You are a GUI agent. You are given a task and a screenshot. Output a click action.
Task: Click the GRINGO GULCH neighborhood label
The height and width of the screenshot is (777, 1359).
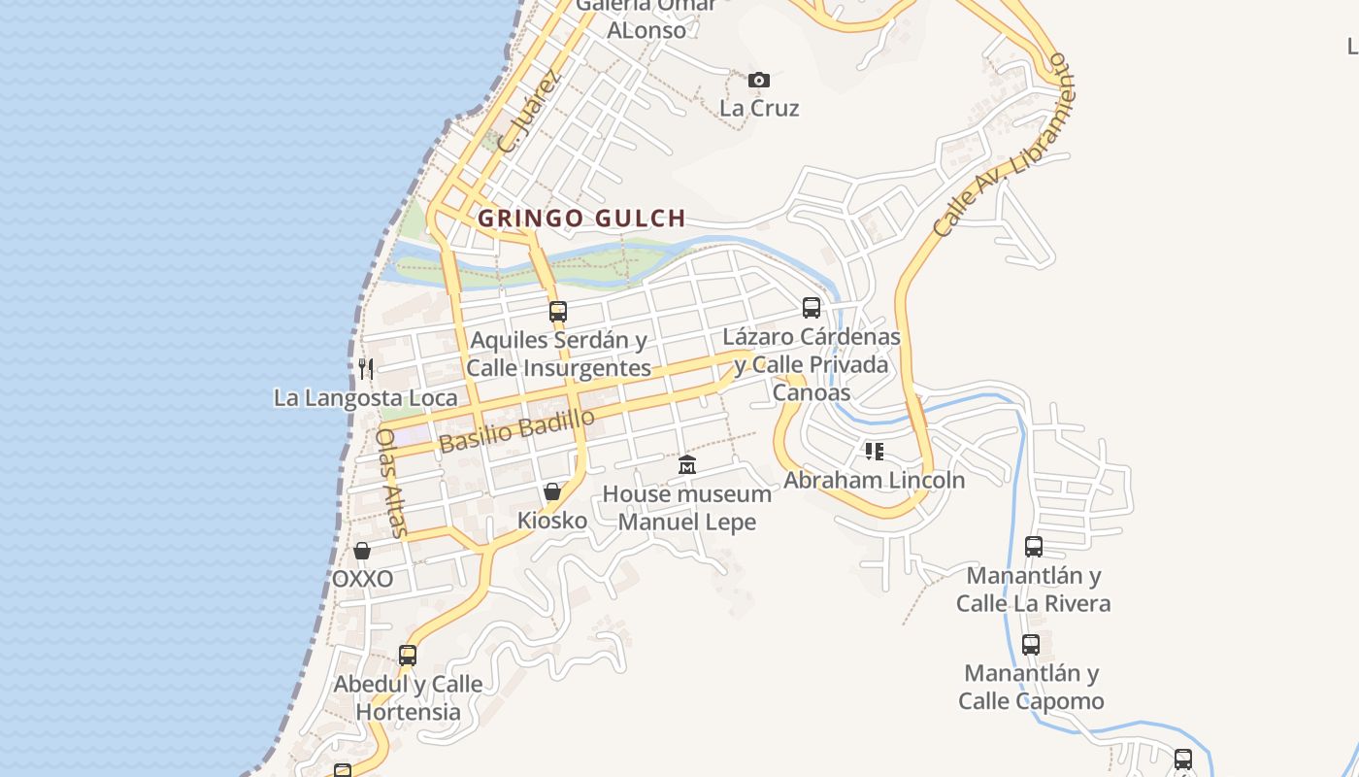click(581, 218)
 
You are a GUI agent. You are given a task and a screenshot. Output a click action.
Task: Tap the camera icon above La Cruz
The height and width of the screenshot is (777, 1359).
click(759, 80)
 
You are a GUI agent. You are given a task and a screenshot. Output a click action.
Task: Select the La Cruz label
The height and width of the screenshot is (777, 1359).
click(759, 108)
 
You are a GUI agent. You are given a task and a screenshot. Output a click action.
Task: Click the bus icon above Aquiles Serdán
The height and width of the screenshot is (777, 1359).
click(558, 312)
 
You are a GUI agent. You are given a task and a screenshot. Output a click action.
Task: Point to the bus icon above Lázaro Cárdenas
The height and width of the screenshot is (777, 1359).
click(812, 308)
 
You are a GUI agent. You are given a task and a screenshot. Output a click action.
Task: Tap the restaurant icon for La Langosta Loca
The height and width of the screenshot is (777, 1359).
click(366, 368)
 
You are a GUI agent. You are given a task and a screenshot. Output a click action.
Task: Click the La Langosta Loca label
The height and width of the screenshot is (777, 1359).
click(366, 398)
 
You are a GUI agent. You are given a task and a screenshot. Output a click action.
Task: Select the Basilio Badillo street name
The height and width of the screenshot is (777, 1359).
click(516, 431)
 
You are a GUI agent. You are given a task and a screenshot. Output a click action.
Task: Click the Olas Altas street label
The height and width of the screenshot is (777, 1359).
click(390, 483)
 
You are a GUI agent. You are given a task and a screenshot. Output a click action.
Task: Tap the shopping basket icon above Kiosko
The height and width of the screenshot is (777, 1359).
click(552, 491)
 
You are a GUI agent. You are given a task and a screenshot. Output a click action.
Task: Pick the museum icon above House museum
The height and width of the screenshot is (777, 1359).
click(687, 464)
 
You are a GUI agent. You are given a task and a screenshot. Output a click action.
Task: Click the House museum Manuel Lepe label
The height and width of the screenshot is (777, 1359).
click(687, 508)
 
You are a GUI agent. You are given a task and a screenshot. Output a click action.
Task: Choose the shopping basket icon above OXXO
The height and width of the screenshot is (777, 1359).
click(362, 551)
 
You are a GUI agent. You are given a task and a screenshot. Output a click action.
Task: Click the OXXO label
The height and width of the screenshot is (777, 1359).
click(363, 579)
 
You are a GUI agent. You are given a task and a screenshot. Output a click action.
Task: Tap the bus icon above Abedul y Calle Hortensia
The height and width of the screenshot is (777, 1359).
click(408, 655)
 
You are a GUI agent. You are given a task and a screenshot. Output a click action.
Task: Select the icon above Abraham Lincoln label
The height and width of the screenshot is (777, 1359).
click(875, 452)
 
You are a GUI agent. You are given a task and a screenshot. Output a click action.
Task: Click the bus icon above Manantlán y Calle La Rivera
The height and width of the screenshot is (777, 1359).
click(1034, 546)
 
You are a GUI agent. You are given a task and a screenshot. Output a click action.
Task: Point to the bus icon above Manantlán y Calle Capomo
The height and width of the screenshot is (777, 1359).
click(1031, 644)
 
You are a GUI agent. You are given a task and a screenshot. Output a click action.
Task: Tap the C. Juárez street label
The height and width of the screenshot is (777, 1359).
click(529, 114)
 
